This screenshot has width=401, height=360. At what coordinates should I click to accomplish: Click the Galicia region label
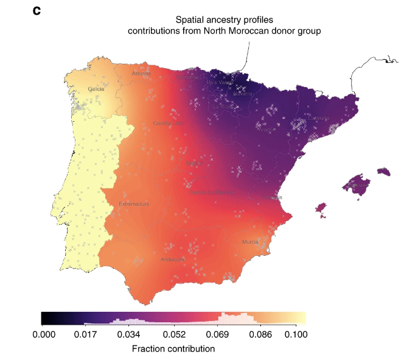(96, 89)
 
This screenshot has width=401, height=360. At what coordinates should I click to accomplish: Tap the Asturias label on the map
(141, 74)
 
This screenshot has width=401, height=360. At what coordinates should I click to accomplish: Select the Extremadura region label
(134, 204)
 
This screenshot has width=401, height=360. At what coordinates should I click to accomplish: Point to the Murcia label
(250, 242)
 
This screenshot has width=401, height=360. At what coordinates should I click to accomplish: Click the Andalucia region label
(172, 259)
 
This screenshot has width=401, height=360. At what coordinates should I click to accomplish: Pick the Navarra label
(242, 94)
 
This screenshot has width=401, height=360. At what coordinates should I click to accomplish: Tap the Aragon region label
(267, 129)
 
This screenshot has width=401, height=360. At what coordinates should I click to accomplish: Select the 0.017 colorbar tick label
(85, 334)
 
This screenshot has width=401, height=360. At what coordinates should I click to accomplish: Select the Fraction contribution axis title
(173, 349)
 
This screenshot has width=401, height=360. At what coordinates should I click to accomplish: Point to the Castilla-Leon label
(169, 124)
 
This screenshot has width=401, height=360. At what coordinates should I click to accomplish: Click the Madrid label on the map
(194, 163)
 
